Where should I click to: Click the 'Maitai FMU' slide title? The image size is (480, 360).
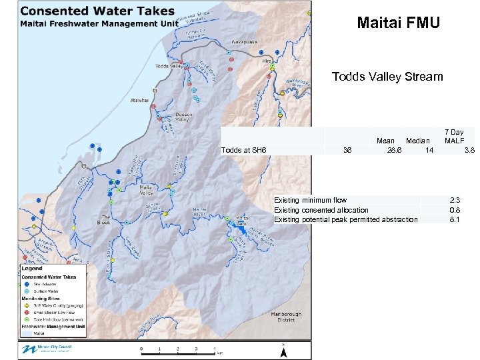point(398,23)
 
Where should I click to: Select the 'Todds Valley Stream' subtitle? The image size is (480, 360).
point(387,77)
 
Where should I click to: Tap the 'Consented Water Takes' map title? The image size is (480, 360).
point(97,11)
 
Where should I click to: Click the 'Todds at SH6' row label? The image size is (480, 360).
point(244,150)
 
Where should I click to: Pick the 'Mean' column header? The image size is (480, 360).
point(385,141)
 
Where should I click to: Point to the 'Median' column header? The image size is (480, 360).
point(418,141)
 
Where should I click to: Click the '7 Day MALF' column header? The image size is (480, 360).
point(455,137)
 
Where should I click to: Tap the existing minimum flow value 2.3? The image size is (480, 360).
point(455,200)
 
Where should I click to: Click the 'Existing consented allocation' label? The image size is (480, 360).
point(321,210)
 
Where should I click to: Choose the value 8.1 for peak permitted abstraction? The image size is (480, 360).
point(455,219)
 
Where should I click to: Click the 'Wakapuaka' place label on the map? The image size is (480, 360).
point(245,41)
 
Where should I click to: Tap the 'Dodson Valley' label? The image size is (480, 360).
point(183,117)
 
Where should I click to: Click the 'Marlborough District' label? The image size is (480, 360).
point(287,317)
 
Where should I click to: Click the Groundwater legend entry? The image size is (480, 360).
point(45,284)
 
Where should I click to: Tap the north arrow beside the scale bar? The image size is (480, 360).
point(283,348)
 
